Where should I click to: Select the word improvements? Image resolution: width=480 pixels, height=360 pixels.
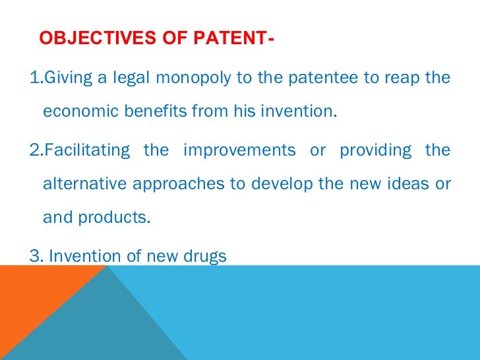click(x=240, y=150)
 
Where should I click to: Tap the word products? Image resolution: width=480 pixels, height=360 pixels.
click(x=115, y=218)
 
